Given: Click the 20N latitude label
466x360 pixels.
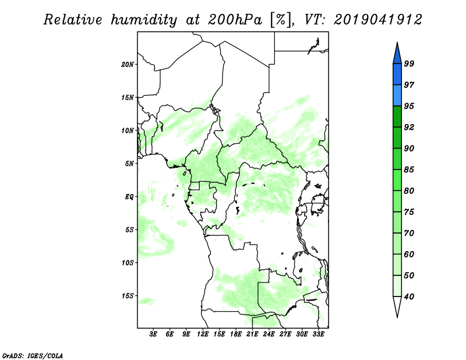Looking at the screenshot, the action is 128,65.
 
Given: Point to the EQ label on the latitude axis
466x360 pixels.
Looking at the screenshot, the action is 129,197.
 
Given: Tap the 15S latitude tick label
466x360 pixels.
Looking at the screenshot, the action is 128,296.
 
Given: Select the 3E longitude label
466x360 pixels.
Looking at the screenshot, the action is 153,334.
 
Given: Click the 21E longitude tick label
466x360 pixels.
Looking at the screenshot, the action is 252,334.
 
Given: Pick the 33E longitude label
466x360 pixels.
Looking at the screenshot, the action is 318,334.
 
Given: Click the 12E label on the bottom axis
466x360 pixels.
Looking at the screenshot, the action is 203,334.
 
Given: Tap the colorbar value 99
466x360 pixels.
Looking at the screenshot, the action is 409,63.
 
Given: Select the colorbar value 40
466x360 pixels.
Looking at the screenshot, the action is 409,297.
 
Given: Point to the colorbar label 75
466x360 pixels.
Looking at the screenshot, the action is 409,212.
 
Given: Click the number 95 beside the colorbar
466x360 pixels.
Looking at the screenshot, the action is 409,106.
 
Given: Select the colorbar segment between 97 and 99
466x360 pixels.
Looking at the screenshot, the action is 397,75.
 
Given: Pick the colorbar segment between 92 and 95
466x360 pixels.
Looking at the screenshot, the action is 397,117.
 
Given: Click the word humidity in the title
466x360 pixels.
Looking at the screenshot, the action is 144,20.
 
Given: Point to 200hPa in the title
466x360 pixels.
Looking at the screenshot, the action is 235,20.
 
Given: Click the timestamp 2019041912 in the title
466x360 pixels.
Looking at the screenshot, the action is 378,20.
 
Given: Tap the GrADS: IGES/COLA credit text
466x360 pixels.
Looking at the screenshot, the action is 33,355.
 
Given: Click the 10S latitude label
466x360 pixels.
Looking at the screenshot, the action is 128,263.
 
